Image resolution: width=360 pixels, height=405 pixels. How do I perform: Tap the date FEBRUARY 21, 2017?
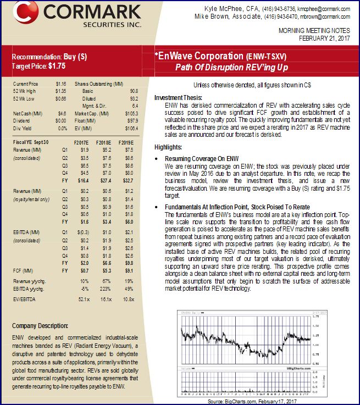(324, 38)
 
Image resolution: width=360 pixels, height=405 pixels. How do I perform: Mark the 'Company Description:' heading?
(40, 325)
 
